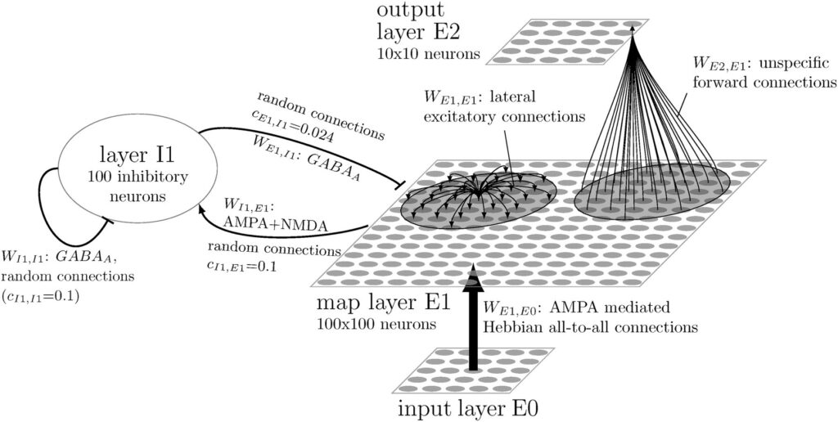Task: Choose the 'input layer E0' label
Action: click(467, 410)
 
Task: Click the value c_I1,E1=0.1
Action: click(242, 265)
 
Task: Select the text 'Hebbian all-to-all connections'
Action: click(590, 326)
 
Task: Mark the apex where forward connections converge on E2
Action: click(633, 30)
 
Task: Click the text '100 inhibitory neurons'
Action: click(137, 185)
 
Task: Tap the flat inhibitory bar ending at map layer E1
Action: click(399, 186)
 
